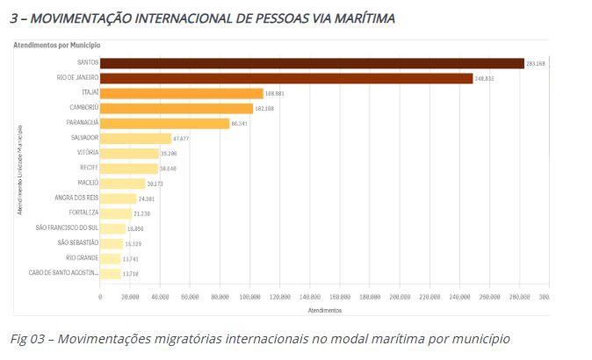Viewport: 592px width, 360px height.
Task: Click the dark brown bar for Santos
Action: [312, 63]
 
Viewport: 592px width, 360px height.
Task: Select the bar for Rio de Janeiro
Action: [286, 78]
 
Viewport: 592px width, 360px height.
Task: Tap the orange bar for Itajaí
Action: [182, 93]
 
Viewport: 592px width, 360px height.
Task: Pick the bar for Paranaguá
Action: [165, 124]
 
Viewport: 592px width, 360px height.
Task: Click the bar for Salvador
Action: [135, 139]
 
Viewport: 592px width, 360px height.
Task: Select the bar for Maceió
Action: [123, 184]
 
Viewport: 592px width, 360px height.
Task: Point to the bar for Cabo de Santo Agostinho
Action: [111, 274]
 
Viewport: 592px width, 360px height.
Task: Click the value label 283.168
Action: [537, 64]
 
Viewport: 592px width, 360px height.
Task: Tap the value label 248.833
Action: [485, 79]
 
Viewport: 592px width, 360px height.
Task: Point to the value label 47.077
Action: [182, 139]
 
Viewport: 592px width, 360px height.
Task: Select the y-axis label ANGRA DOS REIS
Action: [75, 198]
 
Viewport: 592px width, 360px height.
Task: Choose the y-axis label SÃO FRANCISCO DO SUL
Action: [67, 228]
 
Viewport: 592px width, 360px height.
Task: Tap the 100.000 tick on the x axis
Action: [250, 298]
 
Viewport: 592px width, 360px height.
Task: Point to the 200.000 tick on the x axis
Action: [400, 298]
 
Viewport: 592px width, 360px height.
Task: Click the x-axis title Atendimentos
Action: [324, 310]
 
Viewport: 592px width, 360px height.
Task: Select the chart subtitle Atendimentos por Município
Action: [56, 44]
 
